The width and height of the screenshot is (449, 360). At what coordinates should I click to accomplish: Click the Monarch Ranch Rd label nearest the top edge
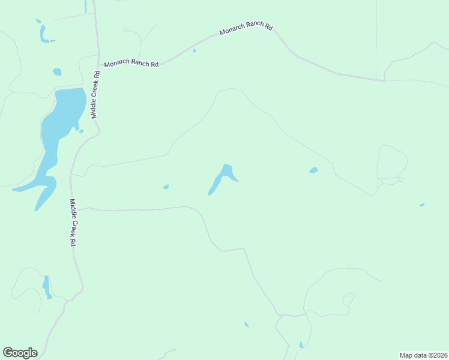(x=246, y=28)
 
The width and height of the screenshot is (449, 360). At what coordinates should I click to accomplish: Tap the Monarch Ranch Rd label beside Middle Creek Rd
(x=131, y=64)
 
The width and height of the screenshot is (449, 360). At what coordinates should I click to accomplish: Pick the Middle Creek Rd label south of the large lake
(x=73, y=223)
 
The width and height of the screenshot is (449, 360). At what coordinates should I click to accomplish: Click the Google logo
(x=20, y=353)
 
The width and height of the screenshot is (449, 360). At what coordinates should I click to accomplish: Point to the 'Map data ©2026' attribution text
(x=423, y=355)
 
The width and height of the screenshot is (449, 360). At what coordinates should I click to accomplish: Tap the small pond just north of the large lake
(x=57, y=72)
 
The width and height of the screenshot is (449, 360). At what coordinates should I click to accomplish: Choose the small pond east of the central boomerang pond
(x=313, y=170)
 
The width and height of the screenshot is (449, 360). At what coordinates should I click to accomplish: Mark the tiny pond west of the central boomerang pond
(x=166, y=187)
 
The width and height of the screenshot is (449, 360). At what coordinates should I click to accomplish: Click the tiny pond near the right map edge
(x=422, y=205)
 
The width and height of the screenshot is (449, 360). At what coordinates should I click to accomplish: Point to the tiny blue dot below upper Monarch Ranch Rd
(x=194, y=51)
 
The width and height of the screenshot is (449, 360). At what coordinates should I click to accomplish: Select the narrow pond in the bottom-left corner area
(x=46, y=286)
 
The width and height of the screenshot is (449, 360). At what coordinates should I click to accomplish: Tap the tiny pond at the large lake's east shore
(x=80, y=131)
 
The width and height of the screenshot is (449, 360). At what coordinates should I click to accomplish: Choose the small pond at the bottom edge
(x=301, y=345)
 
